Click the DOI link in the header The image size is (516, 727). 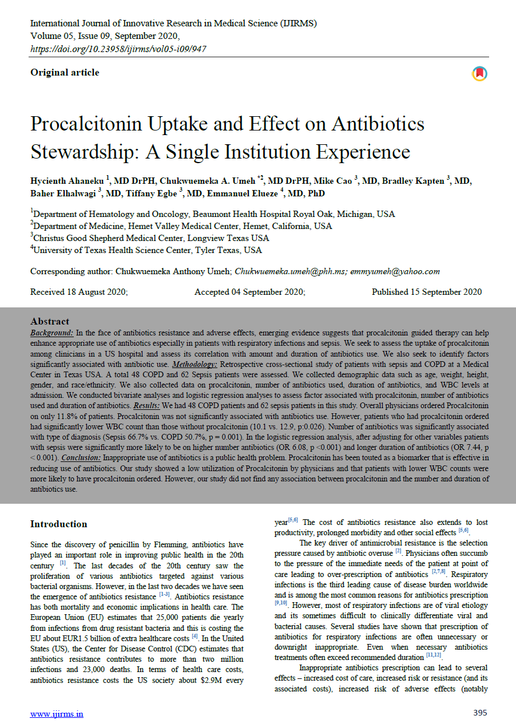(x=118, y=49)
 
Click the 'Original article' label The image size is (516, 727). (x=65, y=73)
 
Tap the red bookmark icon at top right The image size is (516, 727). (x=479, y=74)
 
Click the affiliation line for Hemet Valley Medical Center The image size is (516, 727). (x=181, y=226)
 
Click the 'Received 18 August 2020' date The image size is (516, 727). (x=79, y=292)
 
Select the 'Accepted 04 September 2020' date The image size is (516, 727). (x=250, y=292)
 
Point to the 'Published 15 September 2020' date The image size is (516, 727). (x=427, y=292)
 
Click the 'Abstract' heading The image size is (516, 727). (x=50, y=322)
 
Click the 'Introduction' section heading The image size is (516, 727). (x=59, y=524)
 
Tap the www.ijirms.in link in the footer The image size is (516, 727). (x=57, y=714)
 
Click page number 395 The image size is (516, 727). (x=480, y=713)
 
